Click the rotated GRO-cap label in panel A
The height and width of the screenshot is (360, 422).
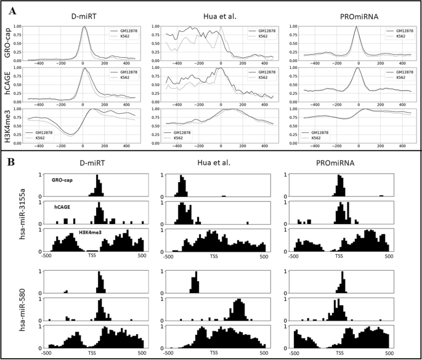[8, 44]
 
